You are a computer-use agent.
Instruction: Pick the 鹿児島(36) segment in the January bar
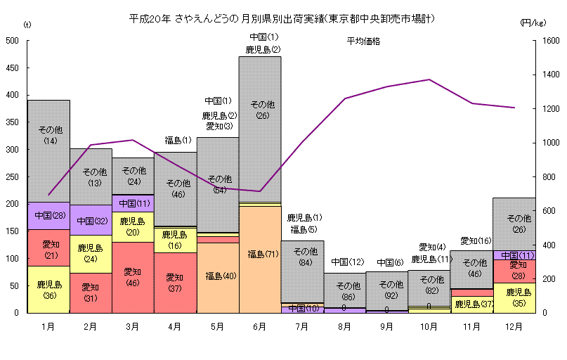[49, 290]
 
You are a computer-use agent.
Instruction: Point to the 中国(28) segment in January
[49, 215]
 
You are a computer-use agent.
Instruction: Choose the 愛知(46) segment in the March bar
[133, 276]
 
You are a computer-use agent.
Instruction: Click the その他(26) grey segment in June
[260, 109]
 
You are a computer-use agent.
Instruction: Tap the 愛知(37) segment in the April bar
[175, 282]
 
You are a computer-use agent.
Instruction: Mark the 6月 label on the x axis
[260, 326]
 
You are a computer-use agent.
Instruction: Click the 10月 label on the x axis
[429, 326]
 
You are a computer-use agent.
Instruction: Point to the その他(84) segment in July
[302, 257]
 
